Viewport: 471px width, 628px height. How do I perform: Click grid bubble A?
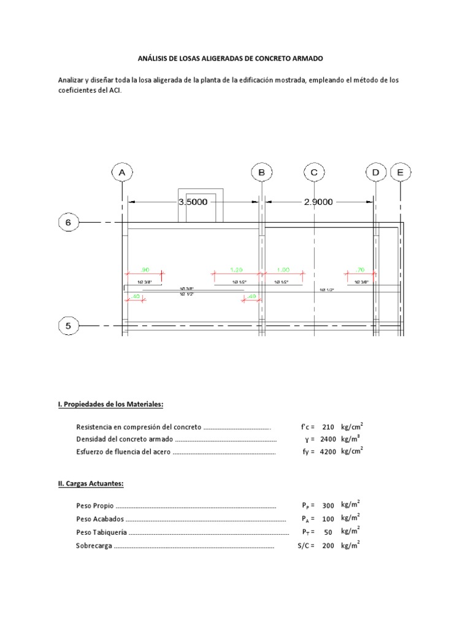pyautogui.click(x=123, y=173)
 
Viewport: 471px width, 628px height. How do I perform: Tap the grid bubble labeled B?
pyautogui.click(x=261, y=173)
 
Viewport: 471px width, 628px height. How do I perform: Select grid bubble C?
pyautogui.click(x=314, y=173)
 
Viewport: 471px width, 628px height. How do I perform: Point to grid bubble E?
pyautogui.click(x=400, y=173)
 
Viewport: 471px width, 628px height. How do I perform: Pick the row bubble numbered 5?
pyautogui.click(x=68, y=326)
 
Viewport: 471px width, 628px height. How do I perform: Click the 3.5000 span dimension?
pyautogui.click(x=192, y=202)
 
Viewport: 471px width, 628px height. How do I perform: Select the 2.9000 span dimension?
pyautogui.click(x=318, y=202)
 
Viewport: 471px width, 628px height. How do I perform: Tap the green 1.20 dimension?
pyautogui.click(x=236, y=269)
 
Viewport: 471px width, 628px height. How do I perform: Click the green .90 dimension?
pyautogui.click(x=145, y=269)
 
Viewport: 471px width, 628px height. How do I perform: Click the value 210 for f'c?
pyautogui.click(x=328, y=427)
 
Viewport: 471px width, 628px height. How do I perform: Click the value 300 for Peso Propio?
pyautogui.click(x=328, y=506)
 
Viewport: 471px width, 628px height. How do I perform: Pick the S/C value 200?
pyautogui.click(x=328, y=545)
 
